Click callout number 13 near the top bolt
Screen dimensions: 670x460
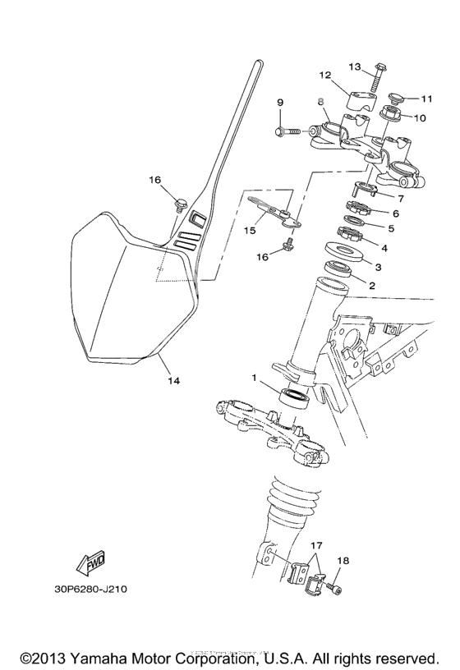[355, 66]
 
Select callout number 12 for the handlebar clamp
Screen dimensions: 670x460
[324, 75]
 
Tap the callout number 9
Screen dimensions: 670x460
[280, 103]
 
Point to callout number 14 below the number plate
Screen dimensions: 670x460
[172, 381]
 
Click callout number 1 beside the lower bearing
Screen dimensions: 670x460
[255, 379]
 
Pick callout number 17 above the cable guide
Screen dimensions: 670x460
[316, 544]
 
